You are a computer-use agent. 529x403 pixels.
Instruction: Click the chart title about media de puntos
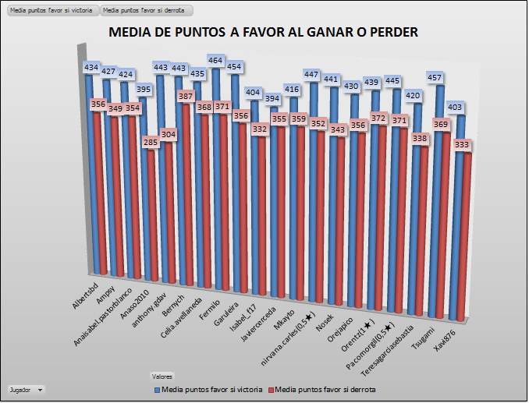click(x=263, y=32)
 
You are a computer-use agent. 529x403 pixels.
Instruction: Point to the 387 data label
click(x=186, y=96)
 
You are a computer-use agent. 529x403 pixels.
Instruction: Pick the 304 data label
click(x=169, y=134)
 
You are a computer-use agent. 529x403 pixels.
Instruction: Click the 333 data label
click(x=464, y=144)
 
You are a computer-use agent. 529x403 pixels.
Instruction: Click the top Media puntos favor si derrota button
click(x=146, y=11)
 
